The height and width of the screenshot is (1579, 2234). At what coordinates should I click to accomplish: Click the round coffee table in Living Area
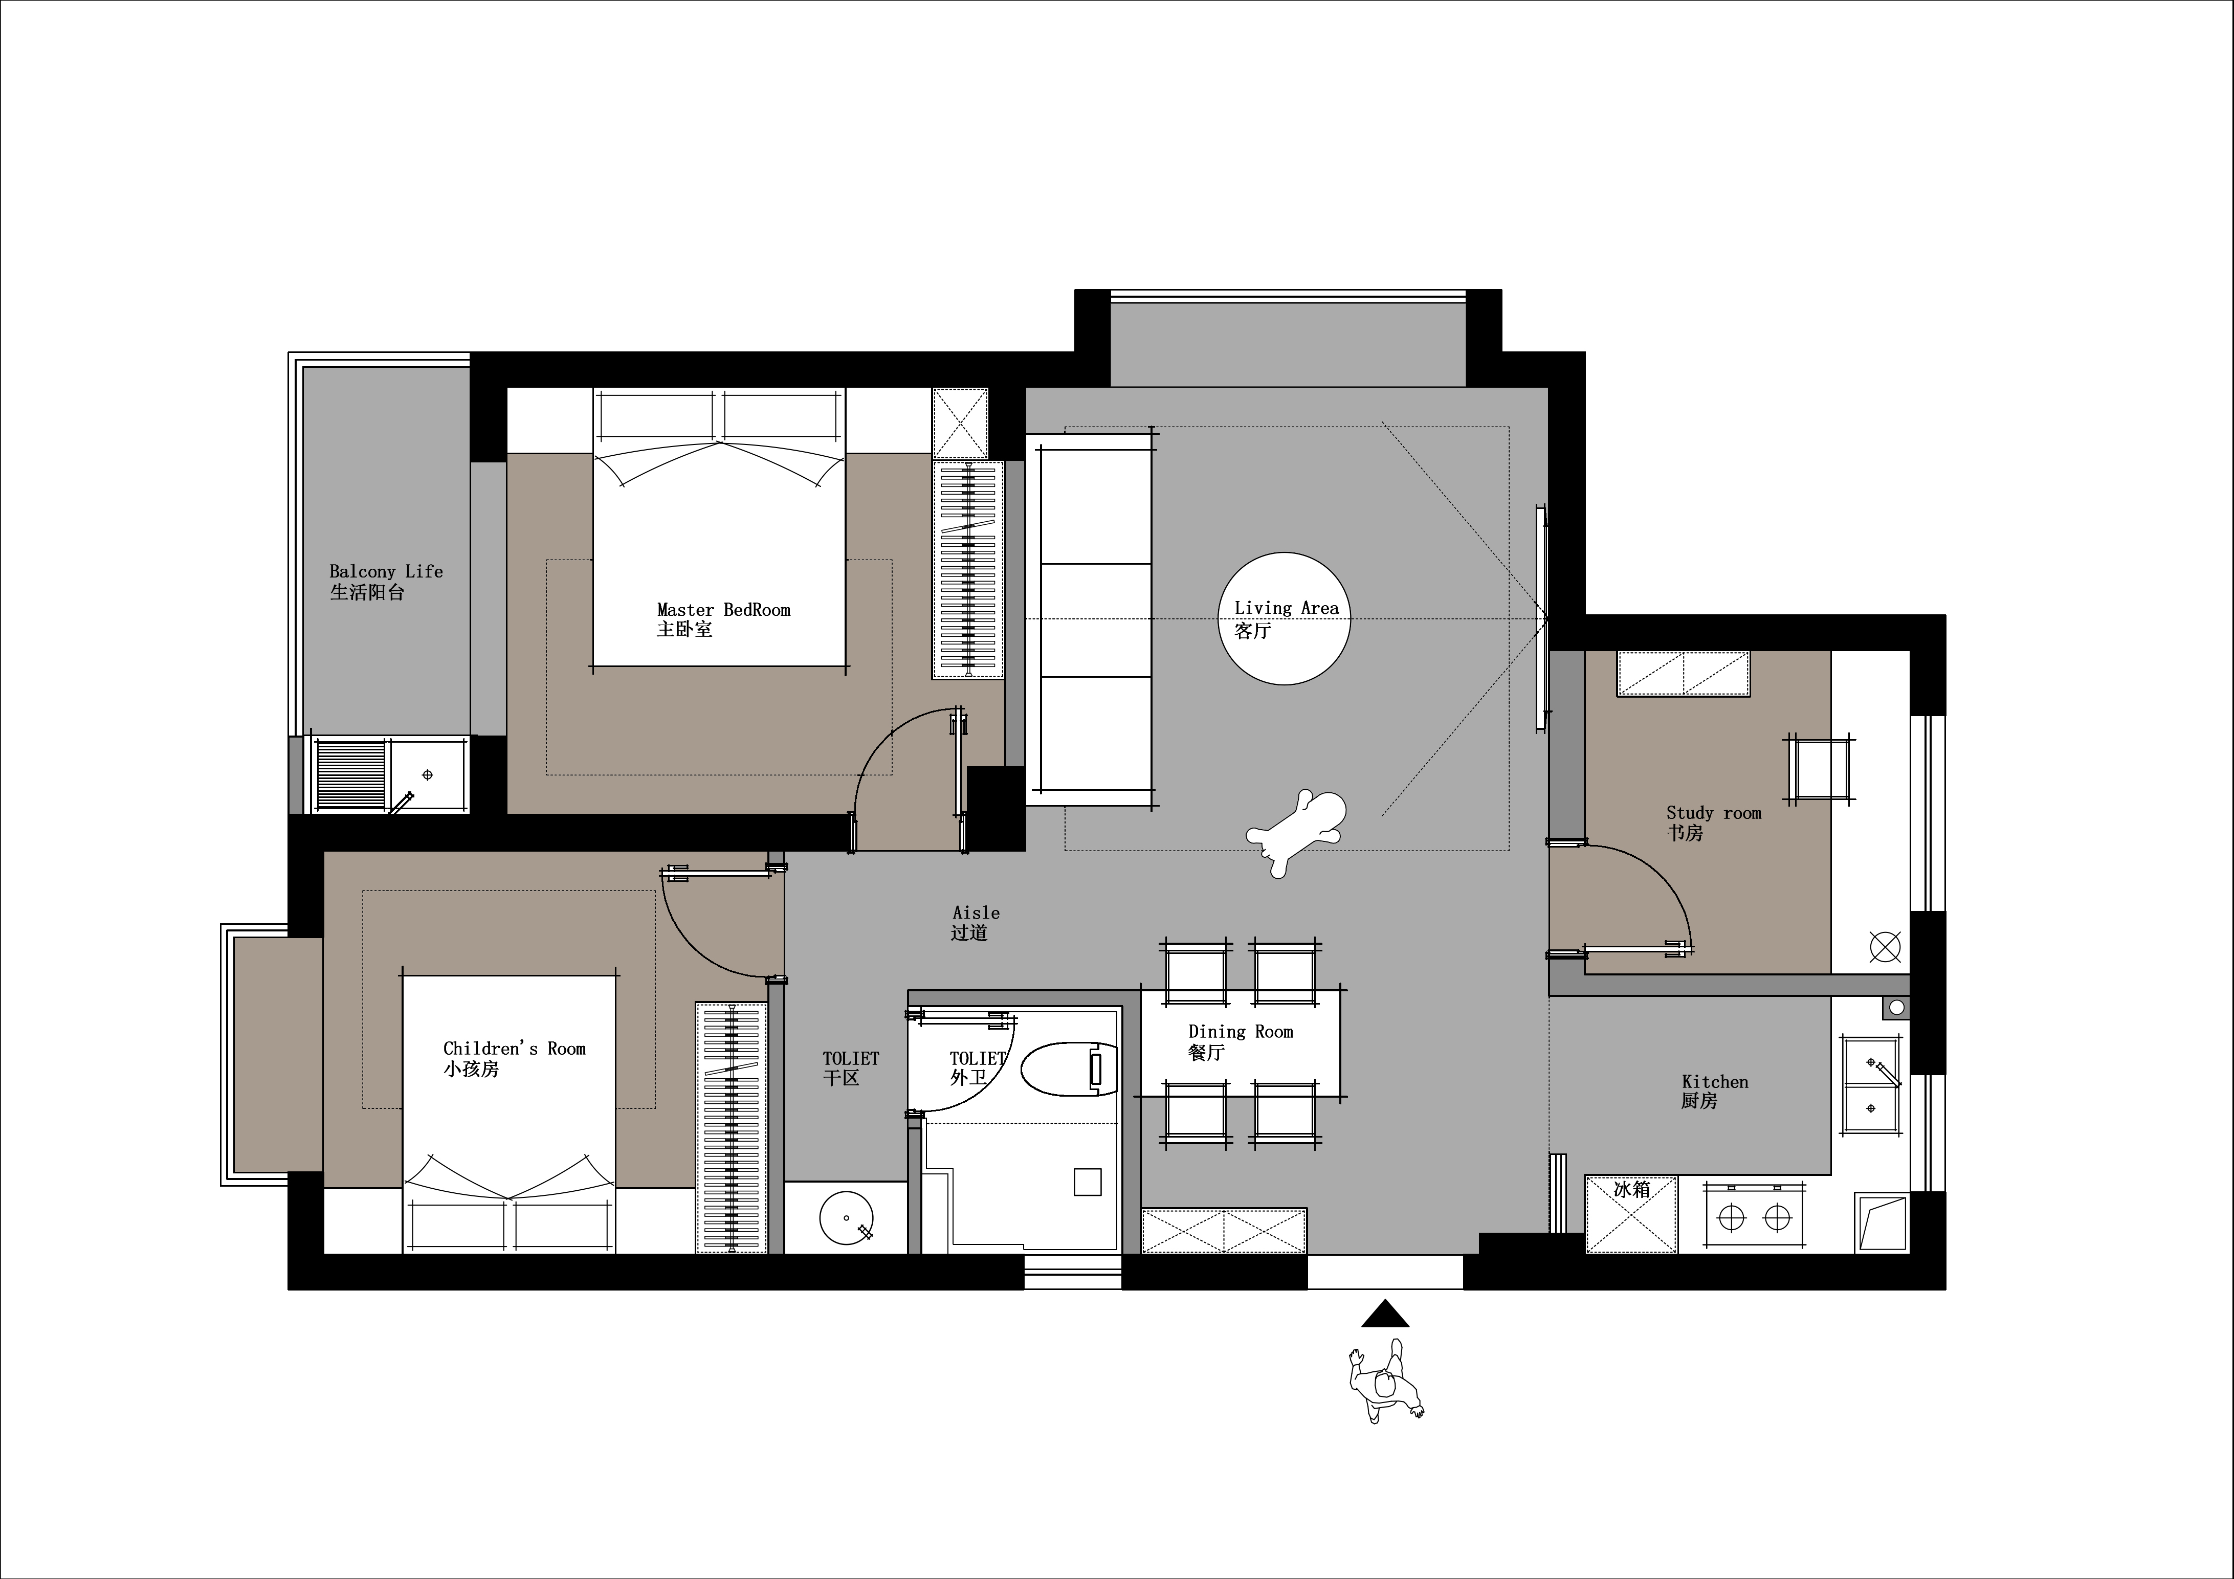[1286, 619]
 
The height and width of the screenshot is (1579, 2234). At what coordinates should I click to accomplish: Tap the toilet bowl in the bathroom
[1068, 1069]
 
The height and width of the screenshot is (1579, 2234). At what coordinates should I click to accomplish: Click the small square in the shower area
[1087, 1181]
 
